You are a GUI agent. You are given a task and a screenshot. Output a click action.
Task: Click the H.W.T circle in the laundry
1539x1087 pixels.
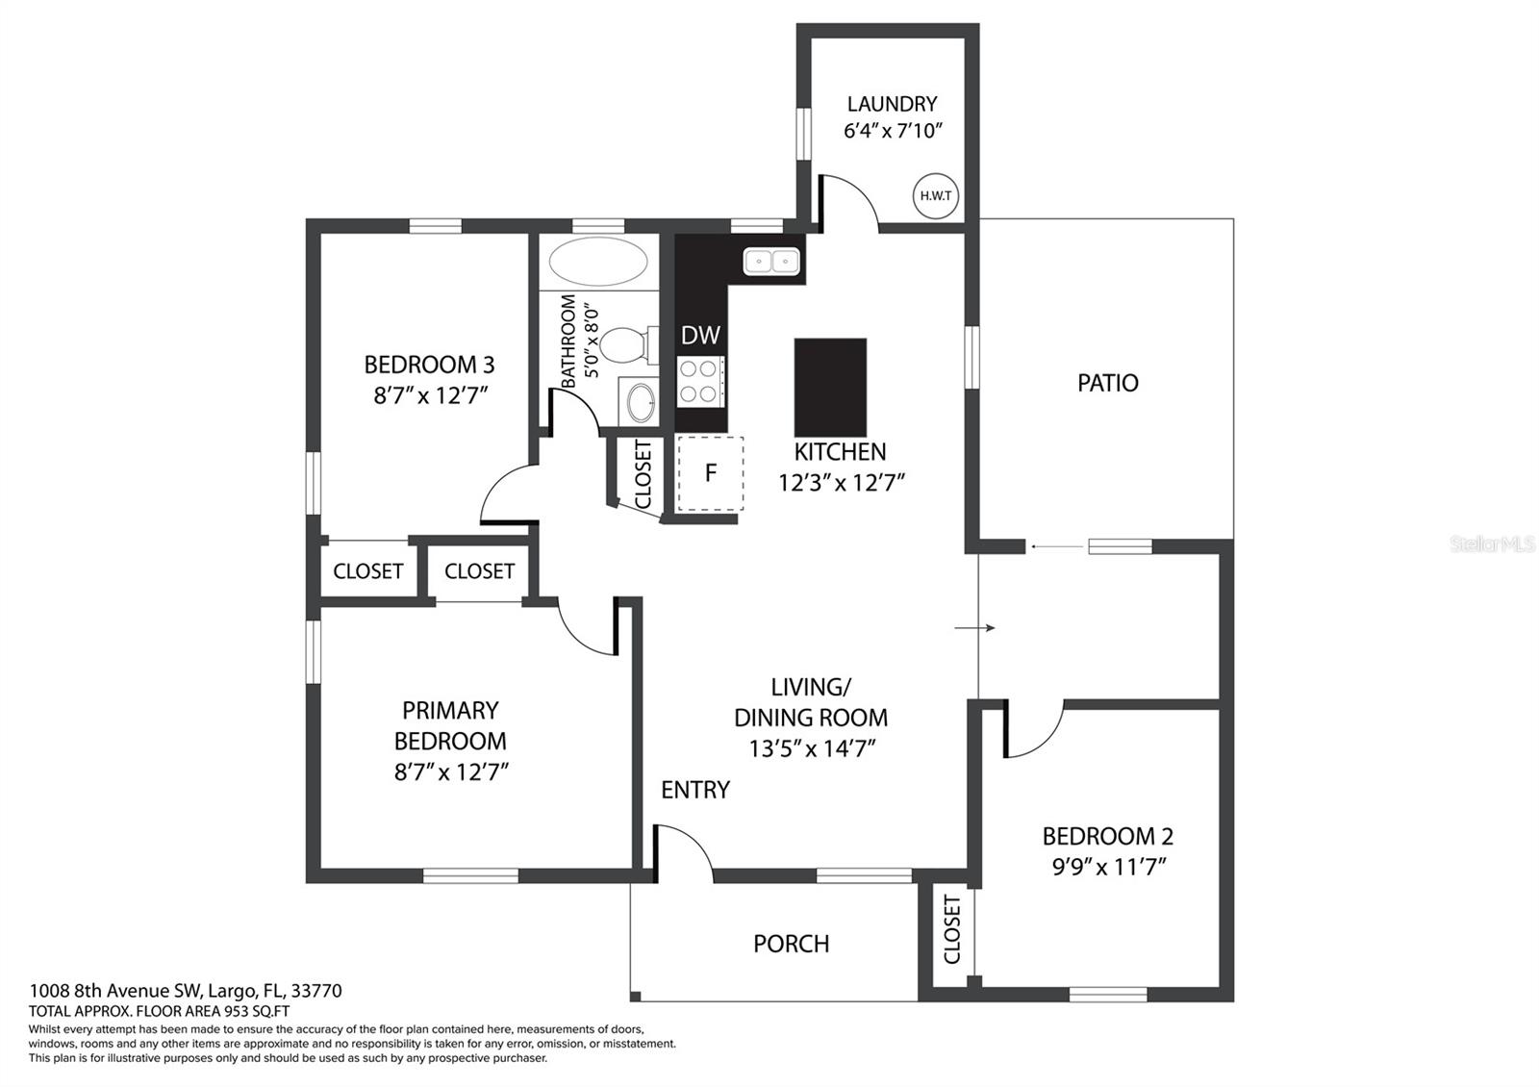[936, 196]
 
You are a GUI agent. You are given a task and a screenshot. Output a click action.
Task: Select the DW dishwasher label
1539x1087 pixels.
[700, 336]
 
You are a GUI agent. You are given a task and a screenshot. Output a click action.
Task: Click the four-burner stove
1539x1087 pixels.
[700, 381]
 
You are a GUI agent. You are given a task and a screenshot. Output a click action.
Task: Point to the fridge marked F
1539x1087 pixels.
[711, 473]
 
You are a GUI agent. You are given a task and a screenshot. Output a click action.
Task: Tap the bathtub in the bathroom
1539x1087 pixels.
[597, 261]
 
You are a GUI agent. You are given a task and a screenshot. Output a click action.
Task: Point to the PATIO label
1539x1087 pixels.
[1107, 383]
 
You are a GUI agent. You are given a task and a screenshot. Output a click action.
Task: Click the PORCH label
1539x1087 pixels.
[791, 944]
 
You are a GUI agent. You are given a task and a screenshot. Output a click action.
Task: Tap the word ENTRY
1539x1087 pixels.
[695, 790]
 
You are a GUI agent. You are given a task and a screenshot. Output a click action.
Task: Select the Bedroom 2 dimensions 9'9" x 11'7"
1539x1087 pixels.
[1109, 867]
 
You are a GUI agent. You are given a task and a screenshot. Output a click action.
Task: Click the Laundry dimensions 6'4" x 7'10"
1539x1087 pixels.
[893, 130]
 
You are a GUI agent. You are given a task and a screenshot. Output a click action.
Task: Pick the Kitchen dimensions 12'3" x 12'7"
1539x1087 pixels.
[841, 482]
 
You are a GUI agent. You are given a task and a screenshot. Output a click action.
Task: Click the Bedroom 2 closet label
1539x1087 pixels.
[951, 928]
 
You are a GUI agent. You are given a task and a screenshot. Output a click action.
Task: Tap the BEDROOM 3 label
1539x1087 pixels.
[429, 365]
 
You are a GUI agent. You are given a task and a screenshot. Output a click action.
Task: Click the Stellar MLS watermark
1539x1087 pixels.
[1492, 544]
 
